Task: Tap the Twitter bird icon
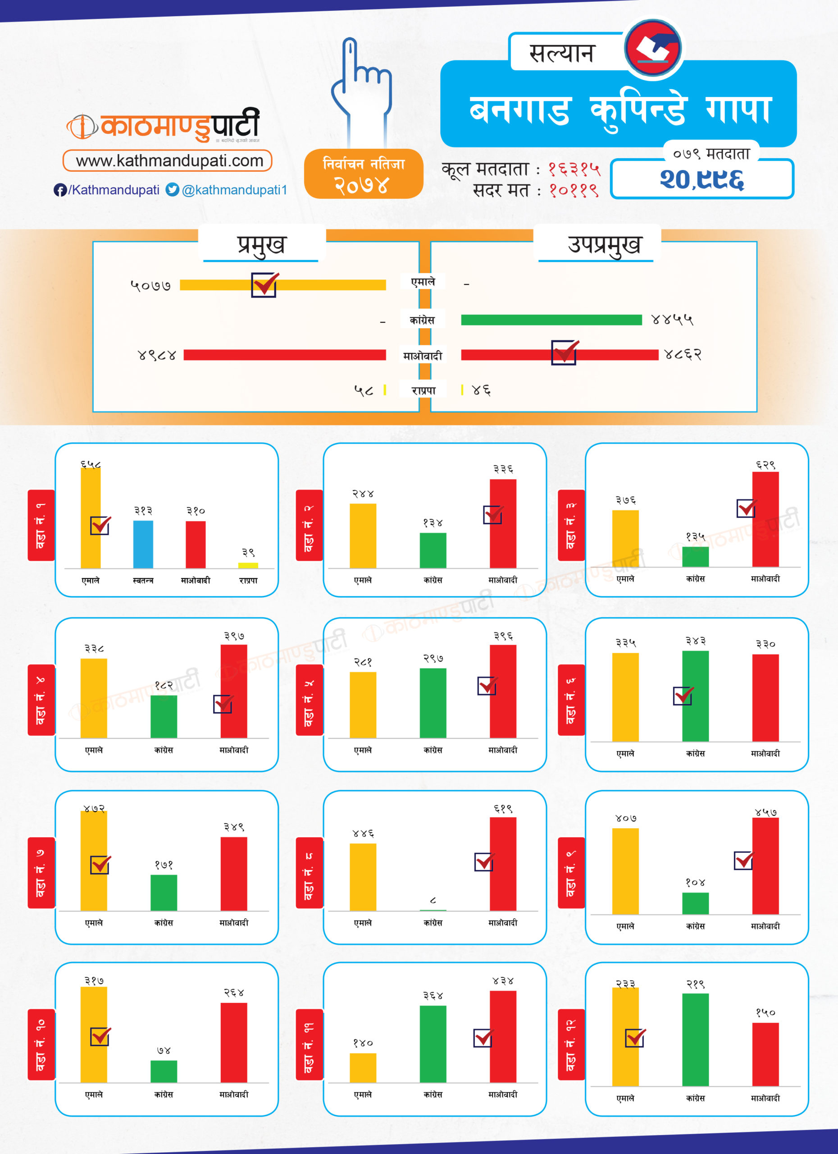(173, 190)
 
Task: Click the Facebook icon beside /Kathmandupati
(60, 190)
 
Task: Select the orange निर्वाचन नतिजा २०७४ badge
(364, 174)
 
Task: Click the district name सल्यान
(561, 53)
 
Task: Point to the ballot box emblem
(653, 47)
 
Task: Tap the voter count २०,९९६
(702, 179)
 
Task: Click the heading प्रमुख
(261, 245)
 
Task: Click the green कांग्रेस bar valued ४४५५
(551, 320)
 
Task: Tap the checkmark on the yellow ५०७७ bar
(264, 284)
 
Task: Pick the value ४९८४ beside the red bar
(157, 355)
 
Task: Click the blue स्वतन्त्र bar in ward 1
(143, 544)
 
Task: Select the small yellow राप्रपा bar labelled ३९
(248, 565)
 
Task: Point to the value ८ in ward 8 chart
(433, 901)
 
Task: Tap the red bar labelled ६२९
(765, 519)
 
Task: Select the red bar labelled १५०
(765, 1054)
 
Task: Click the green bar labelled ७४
(164, 1071)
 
